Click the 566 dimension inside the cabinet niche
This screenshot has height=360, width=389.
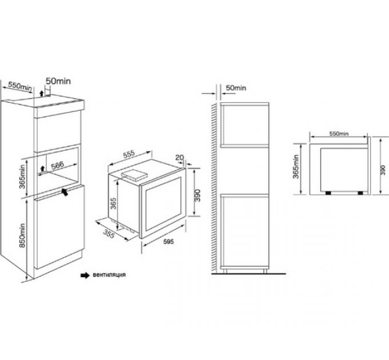[x=55, y=166]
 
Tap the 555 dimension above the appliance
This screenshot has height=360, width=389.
[x=128, y=154]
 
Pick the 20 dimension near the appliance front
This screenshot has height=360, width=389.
[x=180, y=158]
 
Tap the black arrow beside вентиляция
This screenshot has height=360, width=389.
[x=85, y=274]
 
